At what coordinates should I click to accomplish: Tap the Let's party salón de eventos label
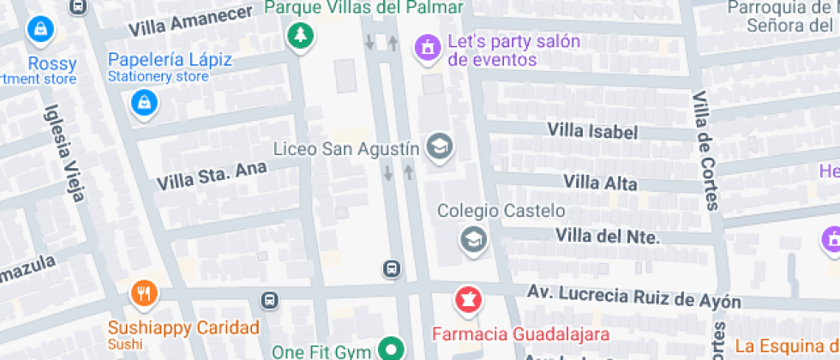point(502,51)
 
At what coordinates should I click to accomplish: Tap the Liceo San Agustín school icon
point(440,147)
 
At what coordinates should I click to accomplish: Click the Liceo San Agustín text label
point(346,148)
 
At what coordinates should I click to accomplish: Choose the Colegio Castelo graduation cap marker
point(472,239)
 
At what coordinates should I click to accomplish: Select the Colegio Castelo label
point(501,210)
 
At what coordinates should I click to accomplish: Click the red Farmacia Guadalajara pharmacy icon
point(468,301)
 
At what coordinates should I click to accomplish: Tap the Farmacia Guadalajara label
point(520,333)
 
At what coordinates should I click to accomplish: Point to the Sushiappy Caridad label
point(183,327)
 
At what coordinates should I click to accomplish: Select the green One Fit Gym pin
point(392,350)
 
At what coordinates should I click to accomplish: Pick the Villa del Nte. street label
point(608,236)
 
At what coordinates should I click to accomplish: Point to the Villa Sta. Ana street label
point(212,176)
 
